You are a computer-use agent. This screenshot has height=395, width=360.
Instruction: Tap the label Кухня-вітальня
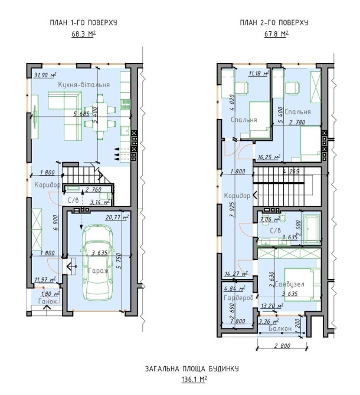point(84,84)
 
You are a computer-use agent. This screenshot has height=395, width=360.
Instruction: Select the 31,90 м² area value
point(45,75)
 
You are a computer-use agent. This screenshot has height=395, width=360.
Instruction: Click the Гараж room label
point(99,271)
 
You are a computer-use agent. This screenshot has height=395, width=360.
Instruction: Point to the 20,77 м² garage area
point(117,217)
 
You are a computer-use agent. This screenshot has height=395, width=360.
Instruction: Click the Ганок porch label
point(48,301)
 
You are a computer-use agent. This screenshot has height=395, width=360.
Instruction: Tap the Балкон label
point(280,328)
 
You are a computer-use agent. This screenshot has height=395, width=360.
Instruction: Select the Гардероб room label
point(238,298)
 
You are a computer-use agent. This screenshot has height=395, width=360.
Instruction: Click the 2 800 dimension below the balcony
point(282,346)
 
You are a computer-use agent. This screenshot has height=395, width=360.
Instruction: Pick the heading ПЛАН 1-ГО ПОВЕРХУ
point(83,22)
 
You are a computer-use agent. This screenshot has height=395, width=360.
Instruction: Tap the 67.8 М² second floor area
point(277,34)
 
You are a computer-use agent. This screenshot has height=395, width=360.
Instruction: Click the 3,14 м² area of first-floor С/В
point(100,202)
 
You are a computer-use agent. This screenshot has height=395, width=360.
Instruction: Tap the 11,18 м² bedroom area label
point(259,74)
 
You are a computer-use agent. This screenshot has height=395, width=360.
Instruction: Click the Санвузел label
point(289,284)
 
